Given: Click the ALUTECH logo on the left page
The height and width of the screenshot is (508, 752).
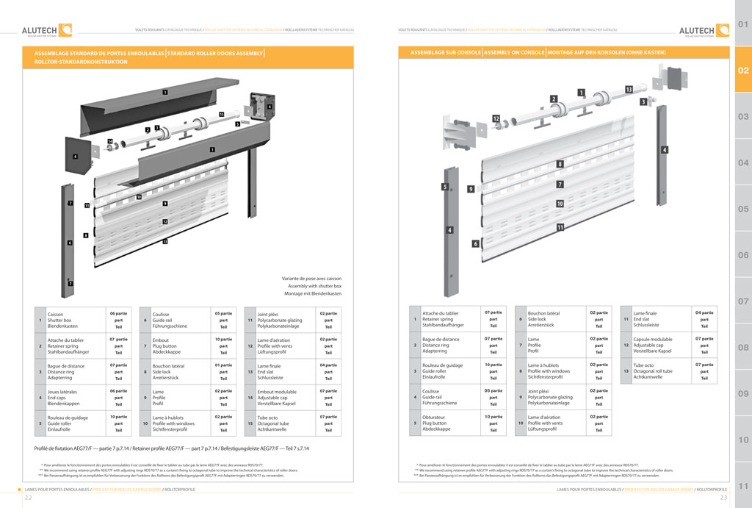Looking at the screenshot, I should tap(46, 30).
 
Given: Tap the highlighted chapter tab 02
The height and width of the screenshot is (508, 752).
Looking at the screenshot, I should tap(742, 71).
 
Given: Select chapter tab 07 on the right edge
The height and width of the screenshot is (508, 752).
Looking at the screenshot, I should tap(742, 301).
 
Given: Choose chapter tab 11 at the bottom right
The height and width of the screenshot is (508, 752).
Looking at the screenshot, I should tap(742, 486).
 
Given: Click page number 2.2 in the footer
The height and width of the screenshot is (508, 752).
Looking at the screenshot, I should tap(28, 498).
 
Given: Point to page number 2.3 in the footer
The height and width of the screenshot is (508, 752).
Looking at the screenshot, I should tap(723, 498).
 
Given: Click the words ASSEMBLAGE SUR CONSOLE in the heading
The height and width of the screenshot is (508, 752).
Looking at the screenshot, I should tap(446, 54).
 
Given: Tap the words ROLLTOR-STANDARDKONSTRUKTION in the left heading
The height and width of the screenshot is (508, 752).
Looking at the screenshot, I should tap(81, 62).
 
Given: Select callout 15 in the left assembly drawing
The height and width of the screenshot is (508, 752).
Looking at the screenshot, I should tap(221, 115).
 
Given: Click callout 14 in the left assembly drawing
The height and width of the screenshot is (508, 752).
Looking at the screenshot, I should tap(109, 140).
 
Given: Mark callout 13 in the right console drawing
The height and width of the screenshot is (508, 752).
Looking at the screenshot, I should tap(629, 89).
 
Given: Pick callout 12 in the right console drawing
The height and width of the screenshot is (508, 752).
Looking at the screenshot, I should tap(496, 118).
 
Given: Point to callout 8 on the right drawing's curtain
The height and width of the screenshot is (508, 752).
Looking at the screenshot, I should tap(560, 164).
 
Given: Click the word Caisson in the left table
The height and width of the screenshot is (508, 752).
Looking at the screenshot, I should tap(55, 314).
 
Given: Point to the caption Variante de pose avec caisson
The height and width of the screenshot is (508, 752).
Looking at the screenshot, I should tap(311, 279).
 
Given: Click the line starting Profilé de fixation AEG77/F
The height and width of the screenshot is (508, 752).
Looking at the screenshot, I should tap(171, 448).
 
